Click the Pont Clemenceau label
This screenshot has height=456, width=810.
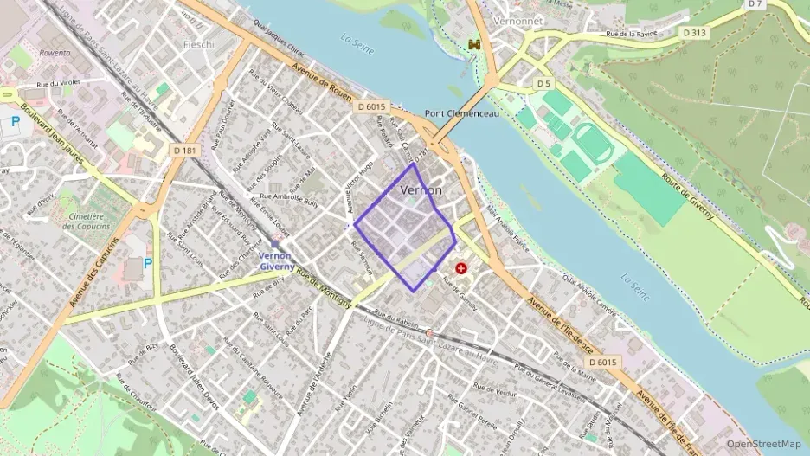[x=462, y=113]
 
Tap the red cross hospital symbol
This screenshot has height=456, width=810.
[x=461, y=269]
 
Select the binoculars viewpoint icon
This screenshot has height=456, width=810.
[x=473, y=43]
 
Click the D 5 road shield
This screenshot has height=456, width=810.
[x=543, y=83]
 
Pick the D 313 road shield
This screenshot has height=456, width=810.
[x=694, y=33]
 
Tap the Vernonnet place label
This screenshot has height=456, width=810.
[x=516, y=21]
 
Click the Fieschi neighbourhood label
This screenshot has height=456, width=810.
[x=197, y=44]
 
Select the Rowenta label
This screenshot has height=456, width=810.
[x=55, y=53]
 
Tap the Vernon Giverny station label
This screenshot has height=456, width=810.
[x=274, y=261]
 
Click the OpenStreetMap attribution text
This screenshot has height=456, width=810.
[x=763, y=444]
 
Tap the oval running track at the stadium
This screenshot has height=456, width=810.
[x=597, y=144]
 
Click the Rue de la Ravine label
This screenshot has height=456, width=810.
[x=631, y=34]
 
